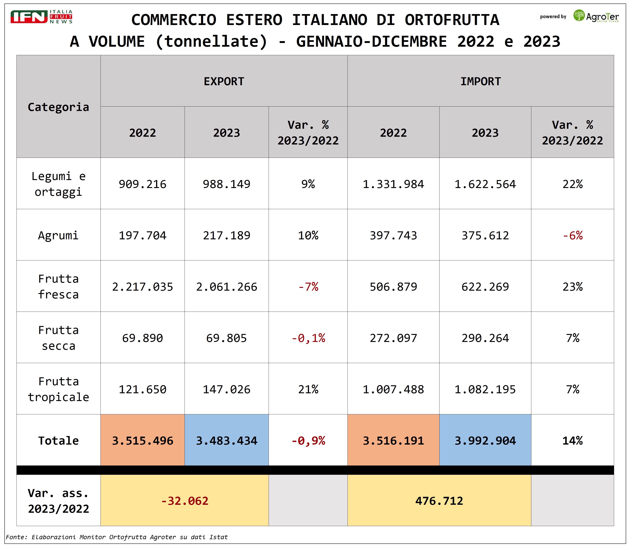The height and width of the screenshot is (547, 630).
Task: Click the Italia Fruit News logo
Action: pyautogui.click(x=41, y=17)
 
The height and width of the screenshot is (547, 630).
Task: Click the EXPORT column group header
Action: pyautogui.click(x=224, y=82)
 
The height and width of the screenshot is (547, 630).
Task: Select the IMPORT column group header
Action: pyautogui.click(x=481, y=82)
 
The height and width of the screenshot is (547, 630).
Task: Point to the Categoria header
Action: pyautogui.click(x=58, y=107)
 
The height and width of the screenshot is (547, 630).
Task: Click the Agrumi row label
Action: pyautogui.click(x=58, y=235)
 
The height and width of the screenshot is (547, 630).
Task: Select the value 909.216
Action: pyautogui.click(x=143, y=184)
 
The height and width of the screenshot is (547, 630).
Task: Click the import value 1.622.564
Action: pyautogui.click(x=485, y=184)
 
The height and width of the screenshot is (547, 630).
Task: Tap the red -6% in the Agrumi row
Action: pyautogui.click(x=572, y=235)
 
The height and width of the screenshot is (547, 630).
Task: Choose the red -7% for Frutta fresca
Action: pyautogui.click(x=308, y=287)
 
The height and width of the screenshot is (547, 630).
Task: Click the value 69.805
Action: pyautogui.click(x=226, y=338)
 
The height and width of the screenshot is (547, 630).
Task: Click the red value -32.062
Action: pyautogui.click(x=185, y=501)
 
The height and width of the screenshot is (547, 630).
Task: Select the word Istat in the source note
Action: pyautogui.click(x=218, y=537)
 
